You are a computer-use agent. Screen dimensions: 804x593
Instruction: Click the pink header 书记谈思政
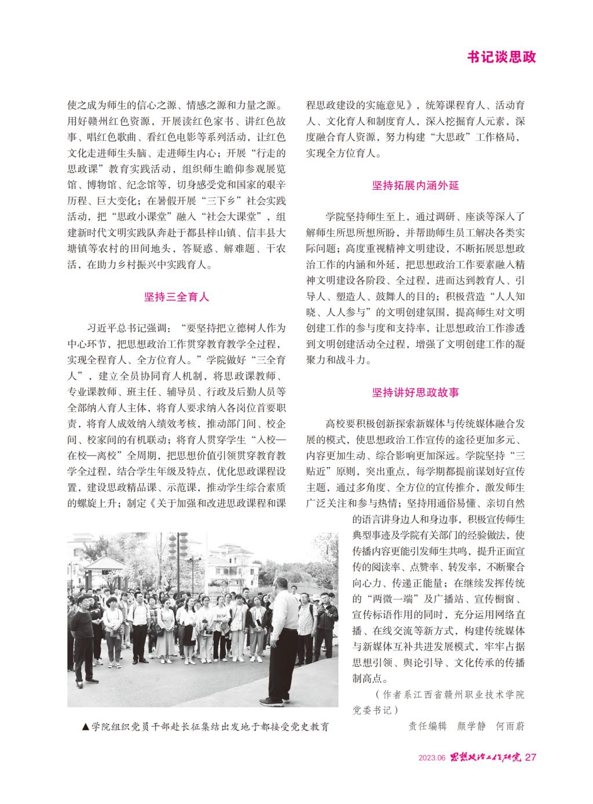(502, 57)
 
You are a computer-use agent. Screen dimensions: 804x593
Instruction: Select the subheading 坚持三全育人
(177, 298)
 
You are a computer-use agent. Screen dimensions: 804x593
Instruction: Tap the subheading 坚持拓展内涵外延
(415, 186)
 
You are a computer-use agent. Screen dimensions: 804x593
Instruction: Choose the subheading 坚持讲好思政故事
(415, 392)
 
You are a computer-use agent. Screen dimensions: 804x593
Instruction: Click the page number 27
(531, 757)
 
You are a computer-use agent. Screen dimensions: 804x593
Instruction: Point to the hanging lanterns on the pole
(174, 550)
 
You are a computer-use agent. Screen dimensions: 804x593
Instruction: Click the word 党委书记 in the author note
(375, 709)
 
